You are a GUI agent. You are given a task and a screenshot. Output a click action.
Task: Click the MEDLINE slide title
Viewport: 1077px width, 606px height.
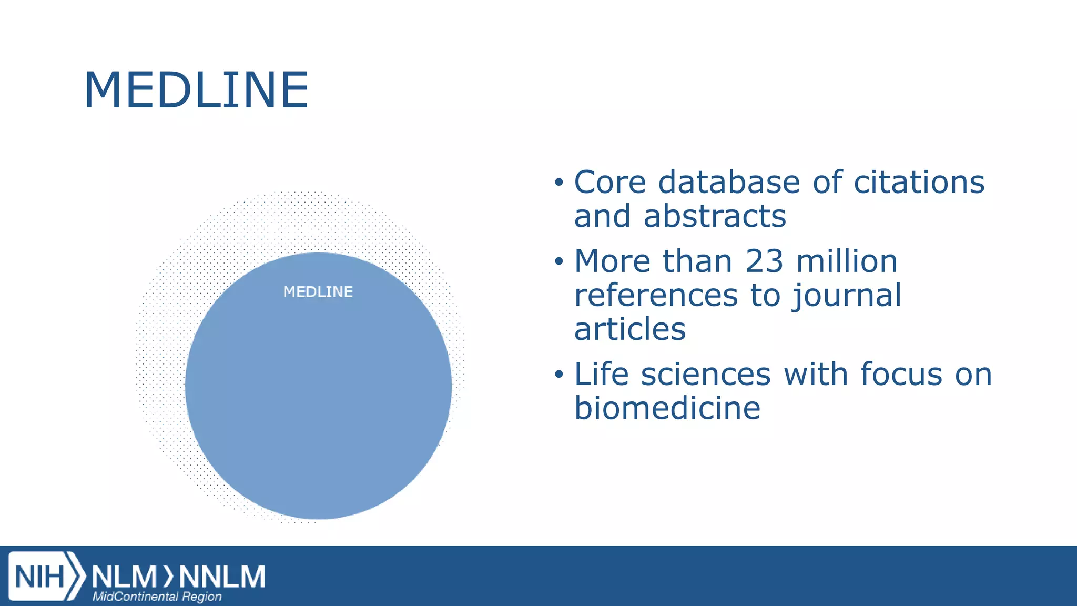[196, 90]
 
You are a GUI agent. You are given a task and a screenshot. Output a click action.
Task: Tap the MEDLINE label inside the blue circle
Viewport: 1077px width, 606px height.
[318, 292]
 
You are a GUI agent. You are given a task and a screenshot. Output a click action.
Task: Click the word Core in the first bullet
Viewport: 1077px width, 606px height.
[609, 183]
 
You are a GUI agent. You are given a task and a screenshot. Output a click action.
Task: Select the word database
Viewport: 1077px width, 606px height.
[729, 183]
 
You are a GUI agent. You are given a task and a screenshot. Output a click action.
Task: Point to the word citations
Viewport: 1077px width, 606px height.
[919, 183]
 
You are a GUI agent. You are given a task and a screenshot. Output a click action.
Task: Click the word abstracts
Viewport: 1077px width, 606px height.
[715, 216]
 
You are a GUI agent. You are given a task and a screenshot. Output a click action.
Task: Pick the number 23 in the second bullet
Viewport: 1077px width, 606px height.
[764, 261]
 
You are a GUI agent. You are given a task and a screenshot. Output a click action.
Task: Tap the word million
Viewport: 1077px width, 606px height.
[847, 261]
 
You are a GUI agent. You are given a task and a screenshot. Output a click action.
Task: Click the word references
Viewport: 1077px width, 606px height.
[656, 296]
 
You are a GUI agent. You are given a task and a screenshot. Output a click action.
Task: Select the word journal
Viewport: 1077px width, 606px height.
[847, 296]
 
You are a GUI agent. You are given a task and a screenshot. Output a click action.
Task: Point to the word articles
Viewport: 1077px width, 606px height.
[630, 329]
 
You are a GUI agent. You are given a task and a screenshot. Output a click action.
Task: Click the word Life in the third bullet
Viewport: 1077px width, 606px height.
[601, 375]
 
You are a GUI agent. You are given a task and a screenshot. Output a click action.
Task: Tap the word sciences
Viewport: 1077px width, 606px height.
[706, 375]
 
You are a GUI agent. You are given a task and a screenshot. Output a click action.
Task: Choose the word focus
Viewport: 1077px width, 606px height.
[901, 375]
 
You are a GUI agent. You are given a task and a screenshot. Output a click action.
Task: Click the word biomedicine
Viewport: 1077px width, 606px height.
[667, 408]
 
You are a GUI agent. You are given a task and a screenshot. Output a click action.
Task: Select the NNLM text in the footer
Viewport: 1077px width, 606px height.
[222, 577]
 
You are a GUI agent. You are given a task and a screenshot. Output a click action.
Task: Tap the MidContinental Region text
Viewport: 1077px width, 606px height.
[157, 597]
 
